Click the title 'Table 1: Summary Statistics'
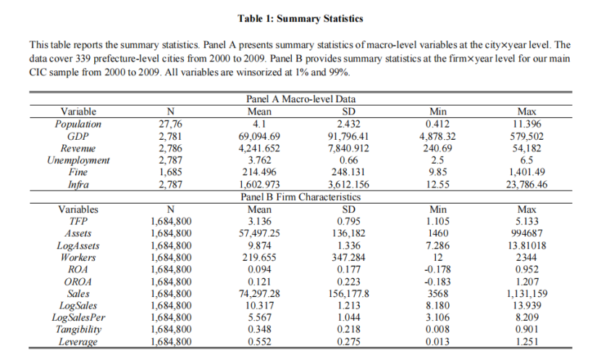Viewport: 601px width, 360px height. (300, 17)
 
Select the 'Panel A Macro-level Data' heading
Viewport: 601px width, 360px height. (300, 99)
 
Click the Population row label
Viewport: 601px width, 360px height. (78, 124)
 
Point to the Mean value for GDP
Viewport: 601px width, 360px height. (259, 136)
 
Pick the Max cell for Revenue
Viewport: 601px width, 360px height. (527, 148)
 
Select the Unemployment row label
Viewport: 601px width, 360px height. (78, 160)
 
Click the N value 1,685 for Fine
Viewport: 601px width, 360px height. (171, 172)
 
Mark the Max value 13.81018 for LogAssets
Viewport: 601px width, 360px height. (527, 246)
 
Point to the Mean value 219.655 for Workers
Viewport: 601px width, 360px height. (259, 257)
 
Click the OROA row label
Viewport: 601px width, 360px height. (78, 282)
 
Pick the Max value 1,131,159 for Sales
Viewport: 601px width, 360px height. (527, 294)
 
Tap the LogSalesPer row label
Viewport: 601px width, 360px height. (78, 318)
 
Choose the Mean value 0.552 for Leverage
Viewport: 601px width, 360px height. (259, 342)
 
